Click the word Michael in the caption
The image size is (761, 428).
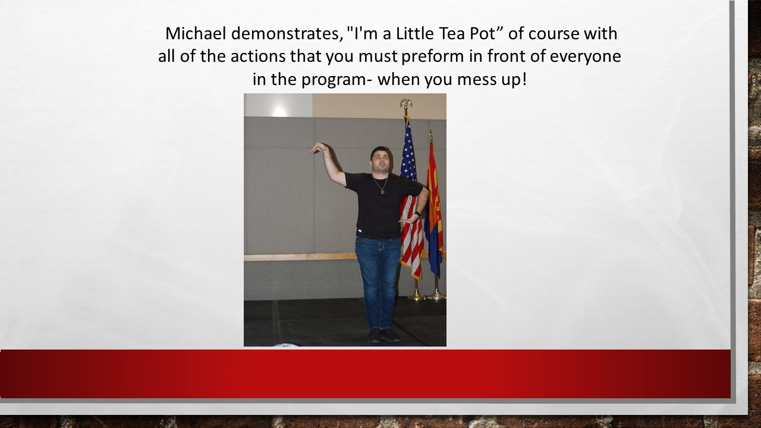point(196,33)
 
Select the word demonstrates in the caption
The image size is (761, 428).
point(287,34)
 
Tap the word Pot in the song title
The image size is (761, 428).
point(483,33)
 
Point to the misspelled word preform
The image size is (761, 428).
point(432,56)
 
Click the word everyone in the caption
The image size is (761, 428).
point(585,56)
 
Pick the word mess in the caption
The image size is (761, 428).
point(475,80)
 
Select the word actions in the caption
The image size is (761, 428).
point(258,56)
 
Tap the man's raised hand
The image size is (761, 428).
point(319,148)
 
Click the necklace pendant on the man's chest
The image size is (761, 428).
point(382,191)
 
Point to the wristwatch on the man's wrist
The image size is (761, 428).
point(418,214)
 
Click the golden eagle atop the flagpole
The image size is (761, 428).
point(405,103)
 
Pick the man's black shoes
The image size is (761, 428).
point(383,335)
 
